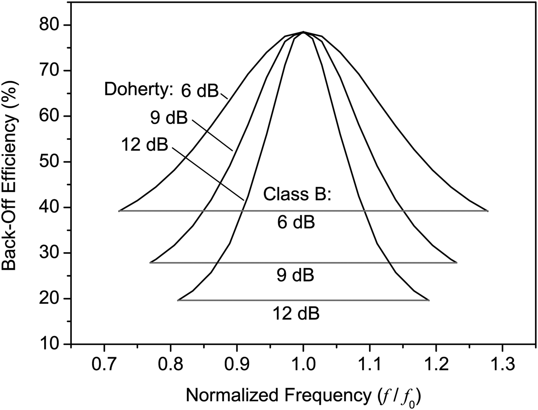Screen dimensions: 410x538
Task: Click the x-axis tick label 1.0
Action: tap(303, 364)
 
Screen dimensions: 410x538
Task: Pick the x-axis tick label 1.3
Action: tap(502, 364)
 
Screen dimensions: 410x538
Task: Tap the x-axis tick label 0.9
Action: tap(237, 364)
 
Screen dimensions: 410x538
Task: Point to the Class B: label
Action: tap(297, 194)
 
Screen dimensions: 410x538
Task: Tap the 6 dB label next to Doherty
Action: tap(199, 91)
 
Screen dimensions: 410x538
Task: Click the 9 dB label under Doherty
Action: tap(169, 118)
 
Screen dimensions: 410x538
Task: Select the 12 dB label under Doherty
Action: tap(144, 145)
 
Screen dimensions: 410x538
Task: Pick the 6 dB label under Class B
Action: tap(296, 223)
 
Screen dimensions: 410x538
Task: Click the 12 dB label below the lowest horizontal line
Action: tap(296, 313)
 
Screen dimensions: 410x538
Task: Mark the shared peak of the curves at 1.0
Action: tap(303, 32)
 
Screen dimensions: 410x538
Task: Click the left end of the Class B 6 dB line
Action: tap(120, 211)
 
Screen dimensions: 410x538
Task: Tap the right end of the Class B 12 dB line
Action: tap(428, 300)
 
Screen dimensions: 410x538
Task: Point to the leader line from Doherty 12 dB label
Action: tap(208, 173)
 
